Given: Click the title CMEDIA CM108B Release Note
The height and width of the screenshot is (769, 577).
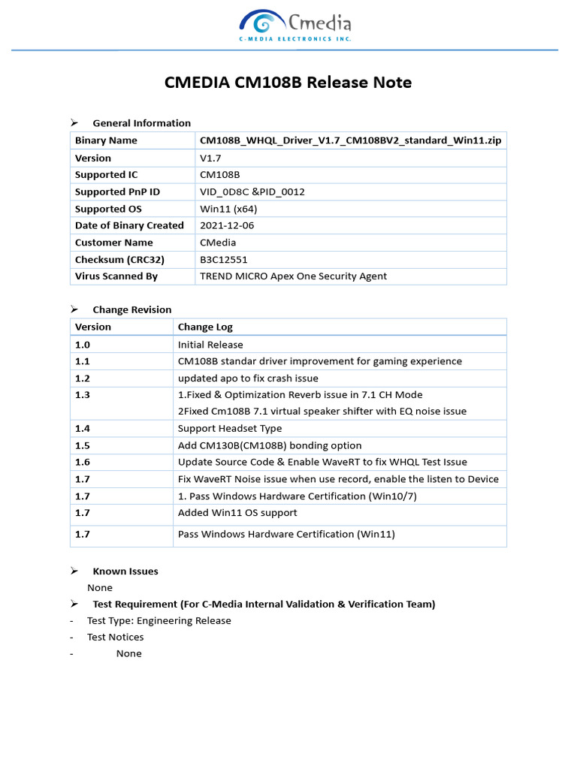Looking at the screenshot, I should [x=288, y=83].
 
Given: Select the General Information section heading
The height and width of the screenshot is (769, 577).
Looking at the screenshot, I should [x=141, y=123].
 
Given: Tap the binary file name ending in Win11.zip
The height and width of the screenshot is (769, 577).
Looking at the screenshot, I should [x=350, y=140].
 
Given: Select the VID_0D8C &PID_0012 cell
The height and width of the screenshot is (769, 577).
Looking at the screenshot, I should [x=252, y=191].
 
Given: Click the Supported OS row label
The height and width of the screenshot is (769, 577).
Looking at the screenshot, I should [x=108, y=209].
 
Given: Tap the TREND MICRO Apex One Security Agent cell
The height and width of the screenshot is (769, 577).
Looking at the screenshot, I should [x=293, y=276].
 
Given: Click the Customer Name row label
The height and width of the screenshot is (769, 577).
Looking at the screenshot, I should [x=113, y=243].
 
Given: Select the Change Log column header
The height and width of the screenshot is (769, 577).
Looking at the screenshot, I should [x=205, y=327].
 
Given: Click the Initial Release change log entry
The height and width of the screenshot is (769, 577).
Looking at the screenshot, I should [x=210, y=345].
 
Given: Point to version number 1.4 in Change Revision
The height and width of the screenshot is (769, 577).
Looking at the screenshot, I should [x=83, y=429].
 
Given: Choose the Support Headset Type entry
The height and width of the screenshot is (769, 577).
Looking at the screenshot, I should [x=230, y=429].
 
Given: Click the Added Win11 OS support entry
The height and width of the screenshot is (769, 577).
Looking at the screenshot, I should [x=237, y=513].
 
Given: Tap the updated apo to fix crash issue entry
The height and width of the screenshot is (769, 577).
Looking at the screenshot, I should [x=248, y=378].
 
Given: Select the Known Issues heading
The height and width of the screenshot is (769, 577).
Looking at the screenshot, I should [x=125, y=571].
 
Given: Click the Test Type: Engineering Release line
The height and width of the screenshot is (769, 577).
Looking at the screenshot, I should [x=159, y=621].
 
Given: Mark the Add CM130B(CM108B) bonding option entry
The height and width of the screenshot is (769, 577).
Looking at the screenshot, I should [x=270, y=445].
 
